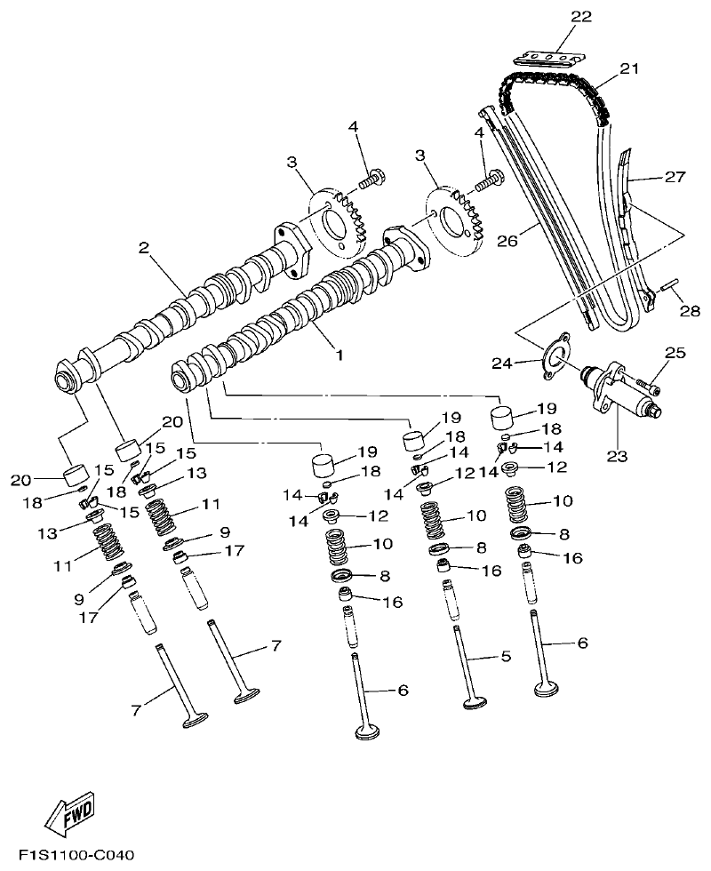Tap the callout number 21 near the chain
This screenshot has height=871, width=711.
point(629,68)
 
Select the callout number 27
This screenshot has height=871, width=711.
point(675,177)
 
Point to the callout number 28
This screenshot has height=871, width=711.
point(690,311)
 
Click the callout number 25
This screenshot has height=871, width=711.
point(675,354)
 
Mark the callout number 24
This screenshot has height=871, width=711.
point(502,363)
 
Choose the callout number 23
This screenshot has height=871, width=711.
point(617,457)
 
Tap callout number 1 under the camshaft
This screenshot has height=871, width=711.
point(338,353)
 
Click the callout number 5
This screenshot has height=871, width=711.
point(506,657)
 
